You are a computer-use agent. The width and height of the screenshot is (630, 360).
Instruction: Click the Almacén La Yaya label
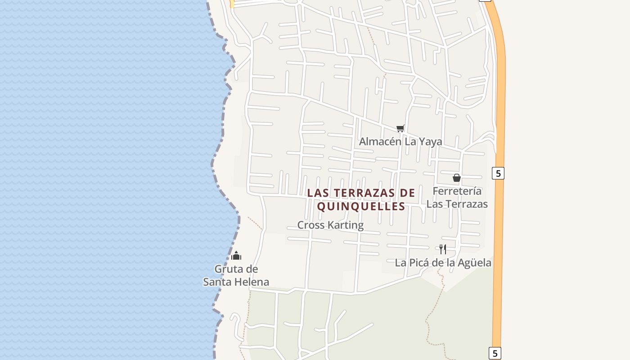[x=400, y=142]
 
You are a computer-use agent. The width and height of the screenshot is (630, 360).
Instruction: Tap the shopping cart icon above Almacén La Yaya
[x=400, y=128]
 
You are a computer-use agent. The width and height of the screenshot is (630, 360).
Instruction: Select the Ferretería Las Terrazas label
[x=457, y=198]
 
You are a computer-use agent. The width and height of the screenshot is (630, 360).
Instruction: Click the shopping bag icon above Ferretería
[x=457, y=178]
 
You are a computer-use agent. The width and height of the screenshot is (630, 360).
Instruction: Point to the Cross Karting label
[x=330, y=225]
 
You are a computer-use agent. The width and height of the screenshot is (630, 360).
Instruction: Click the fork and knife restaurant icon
[x=443, y=249]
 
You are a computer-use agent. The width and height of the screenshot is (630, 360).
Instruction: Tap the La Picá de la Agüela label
[x=443, y=263]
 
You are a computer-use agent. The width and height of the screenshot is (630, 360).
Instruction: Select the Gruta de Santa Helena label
[x=236, y=275]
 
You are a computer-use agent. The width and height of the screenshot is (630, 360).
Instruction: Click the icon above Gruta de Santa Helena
[x=236, y=256]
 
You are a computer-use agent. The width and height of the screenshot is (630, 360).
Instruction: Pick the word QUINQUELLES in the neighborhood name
[x=361, y=207]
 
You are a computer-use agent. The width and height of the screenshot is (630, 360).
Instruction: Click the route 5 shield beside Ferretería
[x=498, y=173]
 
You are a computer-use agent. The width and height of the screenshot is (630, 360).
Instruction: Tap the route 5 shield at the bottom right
[x=495, y=353]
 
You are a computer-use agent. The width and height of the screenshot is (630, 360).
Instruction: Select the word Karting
[x=346, y=225]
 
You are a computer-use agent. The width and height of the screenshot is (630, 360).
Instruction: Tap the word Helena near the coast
[x=252, y=282]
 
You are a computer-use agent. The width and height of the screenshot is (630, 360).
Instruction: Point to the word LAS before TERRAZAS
[x=317, y=193]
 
